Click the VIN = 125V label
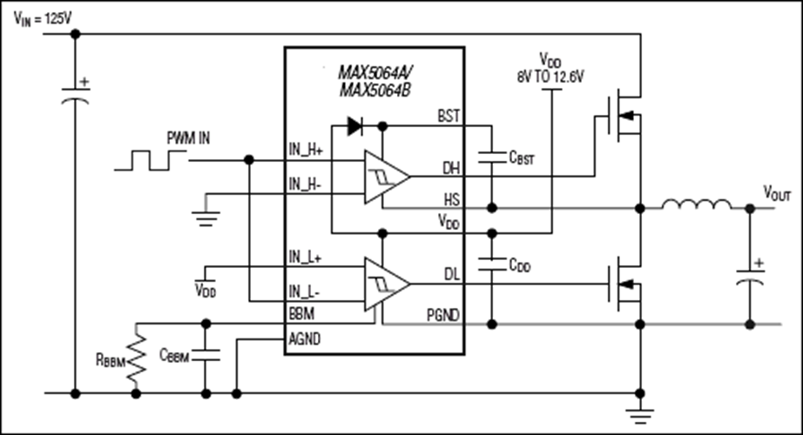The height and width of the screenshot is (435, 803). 43,19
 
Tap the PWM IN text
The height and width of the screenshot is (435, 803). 188,138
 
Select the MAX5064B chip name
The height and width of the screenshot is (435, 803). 375,90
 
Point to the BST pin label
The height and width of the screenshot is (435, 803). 449,117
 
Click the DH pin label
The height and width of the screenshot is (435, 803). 451,168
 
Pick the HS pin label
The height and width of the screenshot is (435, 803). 452,199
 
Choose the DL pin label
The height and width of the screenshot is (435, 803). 452,275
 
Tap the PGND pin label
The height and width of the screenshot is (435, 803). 443,315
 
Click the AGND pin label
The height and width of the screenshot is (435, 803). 305,338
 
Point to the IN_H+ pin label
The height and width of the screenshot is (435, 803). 306,150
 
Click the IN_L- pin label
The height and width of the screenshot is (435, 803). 305,292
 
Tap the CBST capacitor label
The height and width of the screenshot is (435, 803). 522,157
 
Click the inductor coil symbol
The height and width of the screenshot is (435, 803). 697,204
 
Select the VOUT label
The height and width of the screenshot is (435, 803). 778,193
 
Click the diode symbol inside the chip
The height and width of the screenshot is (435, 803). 355,126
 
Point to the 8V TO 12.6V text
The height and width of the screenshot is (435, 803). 550,77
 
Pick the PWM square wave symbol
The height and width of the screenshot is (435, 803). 151,160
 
